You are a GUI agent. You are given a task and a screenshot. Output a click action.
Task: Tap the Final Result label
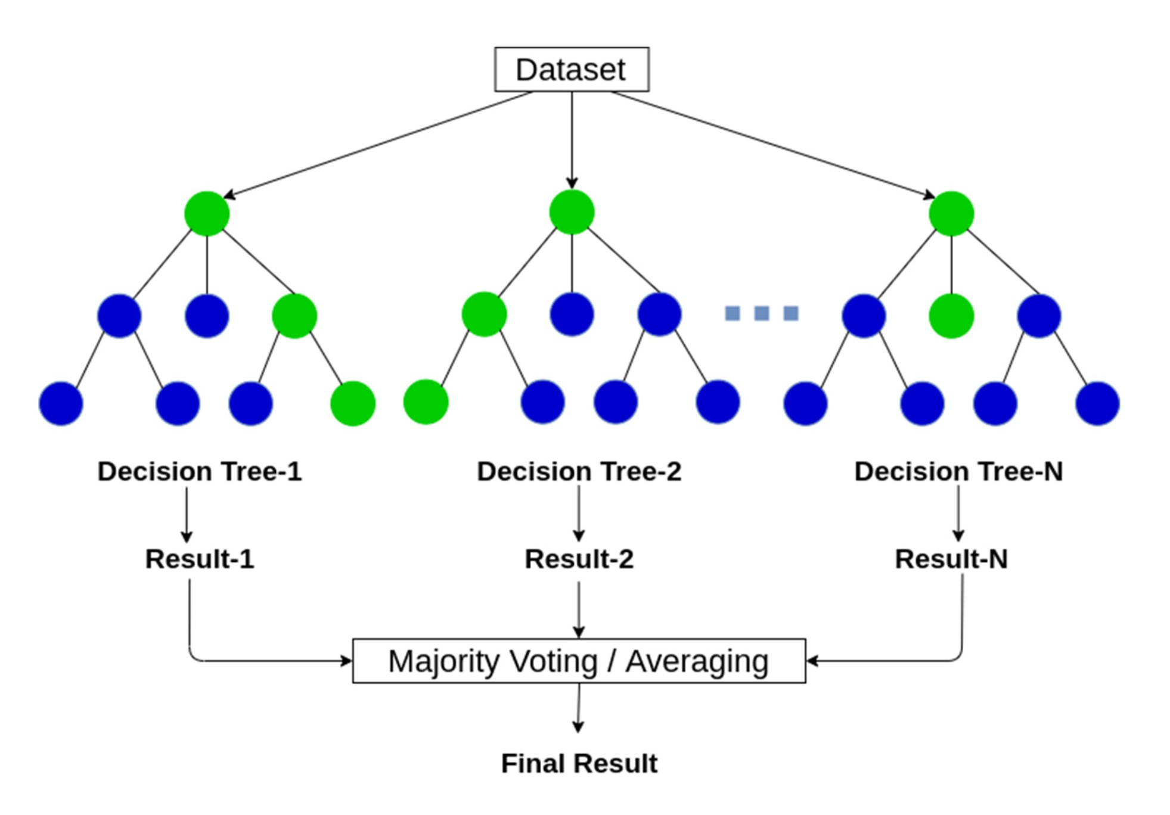coord(579,764)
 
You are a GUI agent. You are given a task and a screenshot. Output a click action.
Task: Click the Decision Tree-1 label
coord(200,472)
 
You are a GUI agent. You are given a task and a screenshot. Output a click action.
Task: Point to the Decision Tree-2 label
coord(579,472)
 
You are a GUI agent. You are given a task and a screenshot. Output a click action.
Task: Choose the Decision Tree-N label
coord(958,472)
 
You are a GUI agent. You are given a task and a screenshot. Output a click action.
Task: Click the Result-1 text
coord(200,559)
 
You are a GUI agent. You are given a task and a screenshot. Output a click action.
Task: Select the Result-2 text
coord(579,559)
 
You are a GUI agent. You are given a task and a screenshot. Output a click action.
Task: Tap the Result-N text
coord(951,559)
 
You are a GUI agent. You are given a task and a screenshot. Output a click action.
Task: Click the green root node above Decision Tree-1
coord(207,213)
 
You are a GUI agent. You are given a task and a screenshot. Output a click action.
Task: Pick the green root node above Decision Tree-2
coord(572,212)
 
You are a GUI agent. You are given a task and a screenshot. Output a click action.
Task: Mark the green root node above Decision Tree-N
coord(951,213)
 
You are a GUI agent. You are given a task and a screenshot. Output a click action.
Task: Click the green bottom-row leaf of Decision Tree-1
coord(353,404)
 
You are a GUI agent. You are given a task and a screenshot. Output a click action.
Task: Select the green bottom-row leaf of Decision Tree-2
coord(426,402)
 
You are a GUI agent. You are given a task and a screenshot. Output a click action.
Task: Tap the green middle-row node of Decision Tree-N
coord(951,316)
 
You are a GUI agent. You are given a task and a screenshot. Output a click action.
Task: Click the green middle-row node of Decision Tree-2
coord(484,315)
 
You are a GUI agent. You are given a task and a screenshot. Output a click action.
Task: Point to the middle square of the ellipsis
coord(762,313)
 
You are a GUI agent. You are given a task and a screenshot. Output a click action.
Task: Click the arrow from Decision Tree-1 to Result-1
coord(187,514)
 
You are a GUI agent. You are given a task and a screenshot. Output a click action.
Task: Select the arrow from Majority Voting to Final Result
coord(578,708)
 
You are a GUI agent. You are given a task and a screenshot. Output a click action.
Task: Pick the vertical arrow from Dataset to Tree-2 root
coord(572,141)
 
